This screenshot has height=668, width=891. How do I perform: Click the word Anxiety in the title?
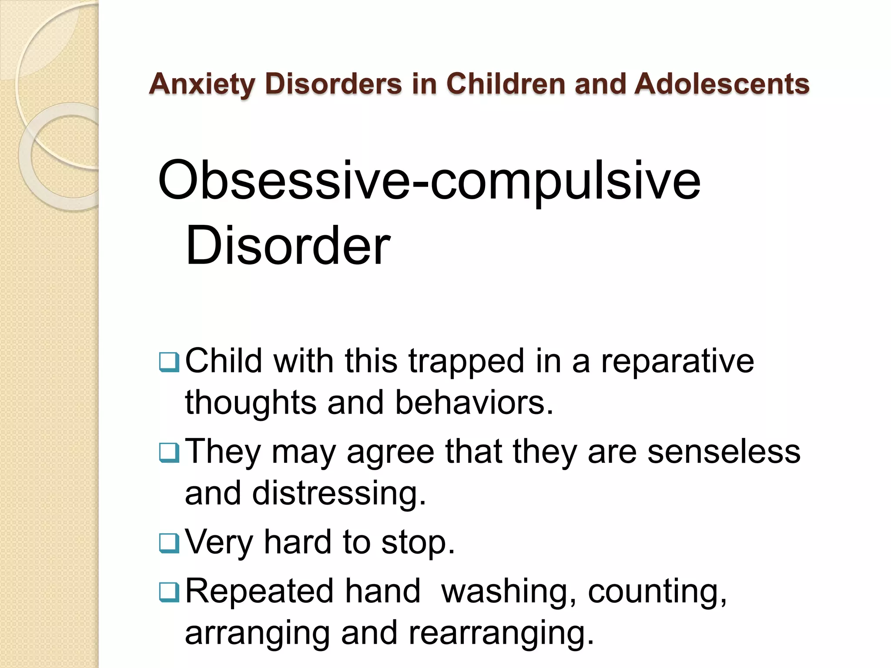[202, 83]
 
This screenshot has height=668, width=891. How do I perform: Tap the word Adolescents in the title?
[722, 83]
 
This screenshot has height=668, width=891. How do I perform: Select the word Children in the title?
[506, 83]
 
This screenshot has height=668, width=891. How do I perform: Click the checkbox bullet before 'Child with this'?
[169, 362]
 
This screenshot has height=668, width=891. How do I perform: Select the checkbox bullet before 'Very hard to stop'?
[169, 543]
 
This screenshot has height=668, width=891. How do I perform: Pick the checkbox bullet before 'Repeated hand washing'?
[169, 592]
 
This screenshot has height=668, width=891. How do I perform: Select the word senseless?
[724, 451]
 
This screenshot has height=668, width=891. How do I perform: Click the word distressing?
[339, 494]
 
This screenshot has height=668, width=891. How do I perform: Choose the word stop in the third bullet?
[418, 543]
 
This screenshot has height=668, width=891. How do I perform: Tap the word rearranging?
[501, 633]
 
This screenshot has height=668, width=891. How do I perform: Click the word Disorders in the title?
[333, 83]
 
